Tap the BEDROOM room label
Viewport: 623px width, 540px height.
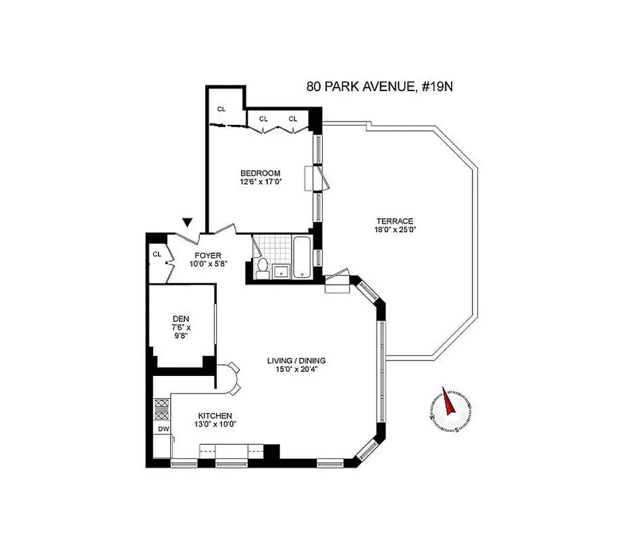pyautogui.click(x=260, y=173)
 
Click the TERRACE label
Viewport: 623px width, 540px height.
pyautogui.click(x=396, y=221)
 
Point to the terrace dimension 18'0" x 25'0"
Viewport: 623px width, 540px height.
pyautogui.click(x=396, y=230)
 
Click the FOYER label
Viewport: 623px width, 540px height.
pyautogui.click(x=208, y=255)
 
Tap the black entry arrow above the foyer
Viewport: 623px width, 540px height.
pyautogui.click(x=188, y=223)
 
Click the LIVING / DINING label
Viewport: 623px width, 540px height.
pyautogui.click(x=296, y=360)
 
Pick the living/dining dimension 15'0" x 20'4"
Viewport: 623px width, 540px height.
pyautogui.click(x=296, y=369)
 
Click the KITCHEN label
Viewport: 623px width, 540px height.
pyautogui.click(x=215, y=416)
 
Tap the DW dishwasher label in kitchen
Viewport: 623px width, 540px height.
pyautogui.click(x=162, y=429)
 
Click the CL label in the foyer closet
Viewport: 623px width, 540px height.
pyautogui.click(x=157, y=254)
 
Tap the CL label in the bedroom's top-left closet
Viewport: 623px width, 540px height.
pyautogui.click(x=221, y=109)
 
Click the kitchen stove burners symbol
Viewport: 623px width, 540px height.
pyautogui.click(x=162, y=410)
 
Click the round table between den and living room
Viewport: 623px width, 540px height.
pyautogui.click(x=232, y=377)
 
